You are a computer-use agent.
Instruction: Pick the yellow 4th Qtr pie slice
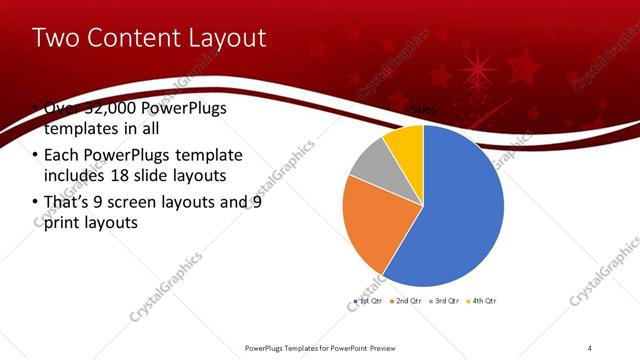[x=405, y=145]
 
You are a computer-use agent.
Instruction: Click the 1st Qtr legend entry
[x=367, y=300]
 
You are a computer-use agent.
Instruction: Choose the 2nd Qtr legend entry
[x=406, y=300]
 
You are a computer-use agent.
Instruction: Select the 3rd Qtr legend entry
[x=445, y=300]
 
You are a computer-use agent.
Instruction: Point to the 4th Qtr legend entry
[x=483, y=300]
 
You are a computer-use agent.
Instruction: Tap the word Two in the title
[x=56, y=38]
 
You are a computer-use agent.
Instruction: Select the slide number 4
[x=591, y=347]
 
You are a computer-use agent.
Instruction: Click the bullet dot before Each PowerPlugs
[x=36, y=156]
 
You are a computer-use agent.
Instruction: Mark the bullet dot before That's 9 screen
[x=36, y=202]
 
